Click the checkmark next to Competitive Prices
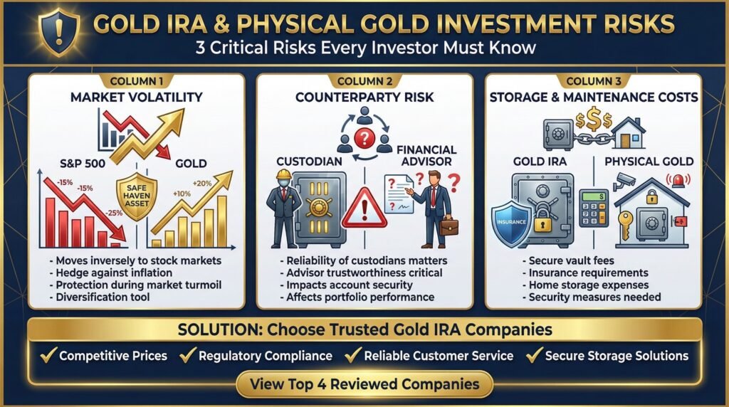click(48, 354)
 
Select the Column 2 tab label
click(364, 81)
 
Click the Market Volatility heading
click(136, 97)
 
